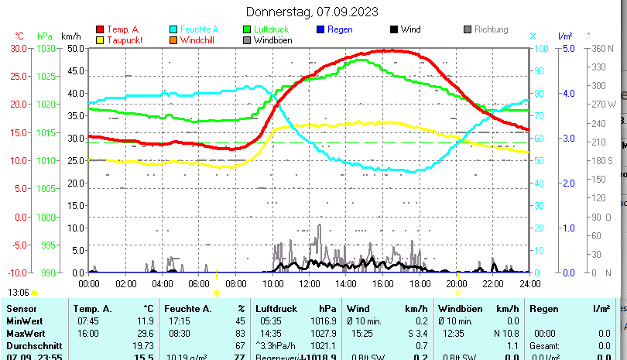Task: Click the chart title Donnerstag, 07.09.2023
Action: pyautogui.click(x=313, y=12)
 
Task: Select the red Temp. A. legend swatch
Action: pyautogui.click(x=100, y=29)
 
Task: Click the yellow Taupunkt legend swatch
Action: pyautogui.click(x=100, y=40)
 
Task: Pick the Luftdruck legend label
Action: pyautogui.click(x=271, y=29)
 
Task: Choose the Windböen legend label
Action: pyautogui.click(x=272, y=40)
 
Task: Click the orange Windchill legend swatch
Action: pyautogui.click(x=173, y=40)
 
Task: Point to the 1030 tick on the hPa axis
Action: pyautogui.click(x=46, y=48)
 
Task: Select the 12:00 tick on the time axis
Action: pyautogui.click(x=309, y=284)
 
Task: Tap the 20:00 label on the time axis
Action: pyautogui.click(x=456, y=284)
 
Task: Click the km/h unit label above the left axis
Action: pyautogui.click(x=70, y=36)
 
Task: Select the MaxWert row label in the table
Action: pyautogui.click(x=24, y=333)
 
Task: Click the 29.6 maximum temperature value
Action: pyautogui.click(x=144, y=333)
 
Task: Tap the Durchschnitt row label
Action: pyautogui.click(x=29, y=345)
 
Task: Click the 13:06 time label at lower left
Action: pyautogui.click(x=19, y=293)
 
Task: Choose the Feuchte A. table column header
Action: pyautogui.click(x=187, y=309)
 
